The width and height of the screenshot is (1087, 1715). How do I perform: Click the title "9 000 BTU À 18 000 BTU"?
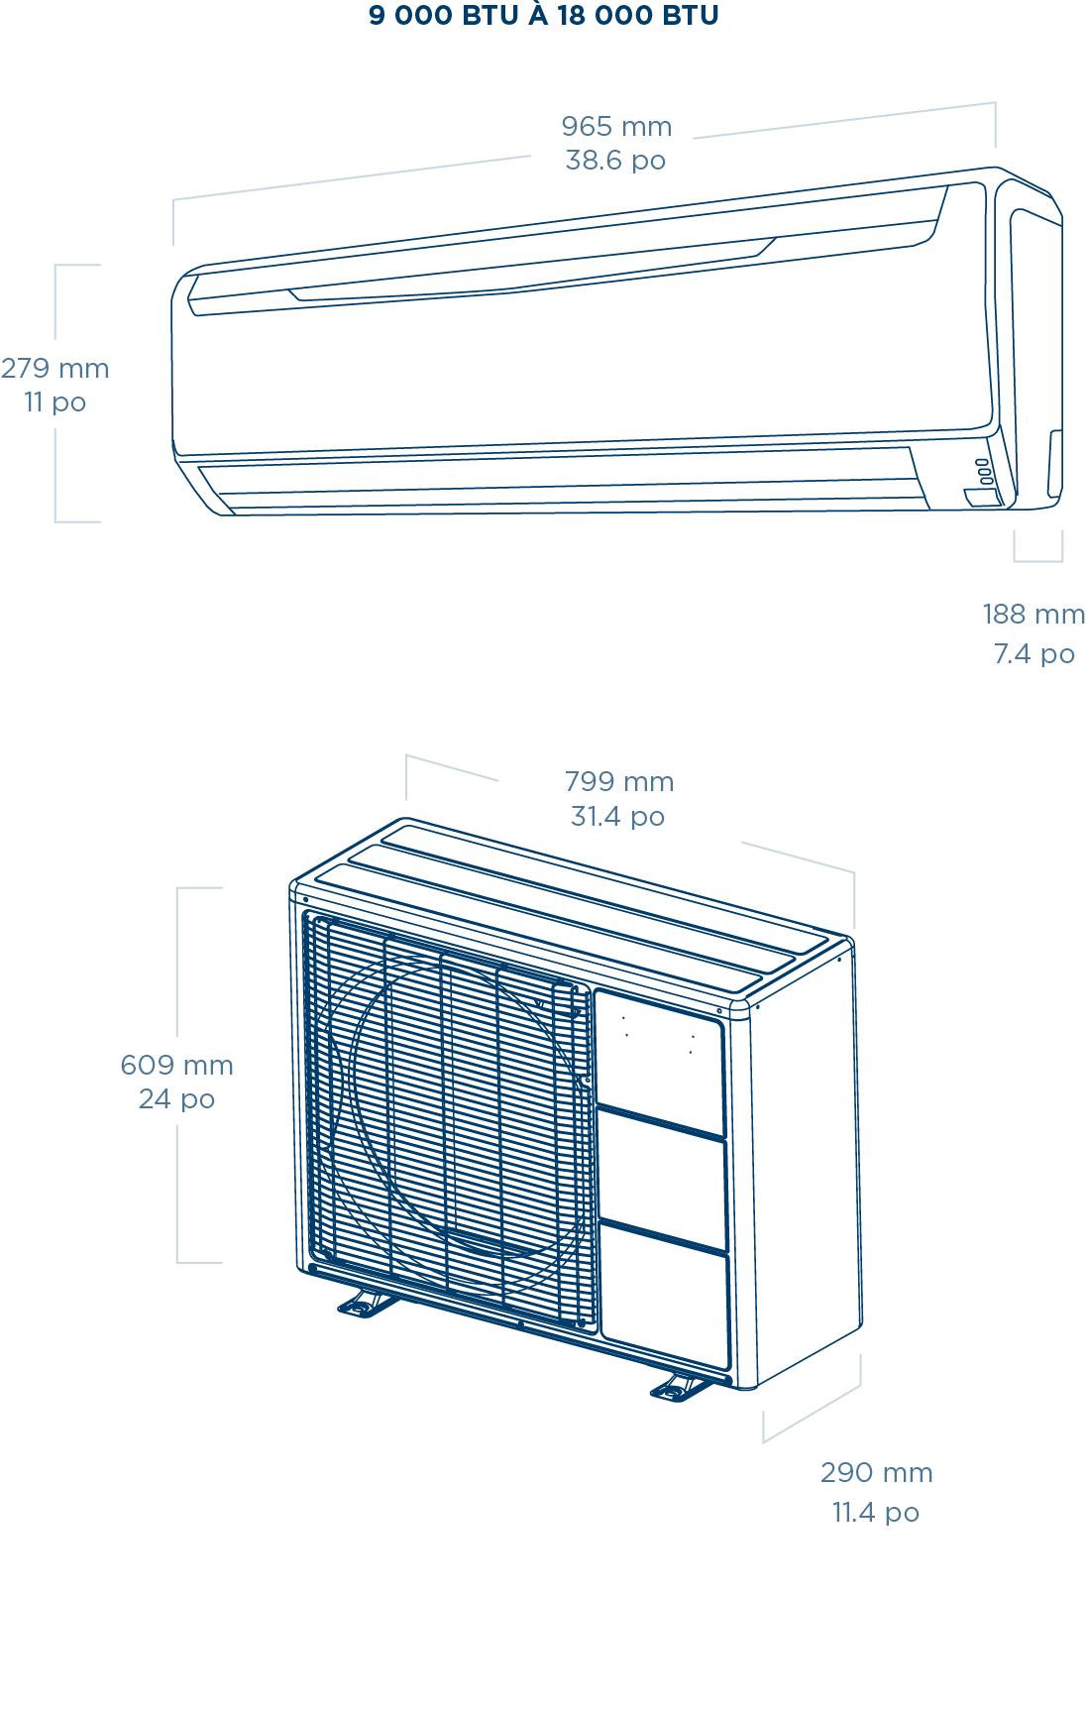543,16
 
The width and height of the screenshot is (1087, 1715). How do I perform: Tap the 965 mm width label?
615,127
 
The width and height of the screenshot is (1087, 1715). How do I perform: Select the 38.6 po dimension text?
615,161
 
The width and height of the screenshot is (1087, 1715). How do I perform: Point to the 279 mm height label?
54,369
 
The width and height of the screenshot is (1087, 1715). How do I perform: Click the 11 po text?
55,402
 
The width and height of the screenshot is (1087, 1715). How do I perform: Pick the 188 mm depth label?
1033,615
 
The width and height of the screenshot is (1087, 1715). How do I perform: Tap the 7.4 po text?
1033,654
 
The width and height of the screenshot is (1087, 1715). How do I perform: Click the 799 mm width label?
619,782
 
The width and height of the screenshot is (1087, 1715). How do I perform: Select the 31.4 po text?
617,817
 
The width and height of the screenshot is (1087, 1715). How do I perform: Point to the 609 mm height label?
176,1066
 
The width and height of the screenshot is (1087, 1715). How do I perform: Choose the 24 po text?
176,1099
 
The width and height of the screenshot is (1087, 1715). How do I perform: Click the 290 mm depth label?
876,1473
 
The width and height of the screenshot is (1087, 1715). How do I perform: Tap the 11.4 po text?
875,1513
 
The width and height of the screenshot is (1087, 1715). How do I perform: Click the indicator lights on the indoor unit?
982,471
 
